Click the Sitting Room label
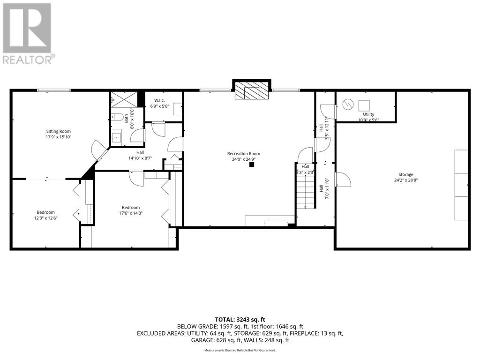pyautogui.click(x=59, y=131)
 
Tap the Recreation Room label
pyautogui.click(x=244, y=154)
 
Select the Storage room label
pyautogui.click(x=406, y=174)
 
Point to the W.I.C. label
pyautogui.click(x=159, y=100)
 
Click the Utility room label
pyautogui.click(x=368, y=114)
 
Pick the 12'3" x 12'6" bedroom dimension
pyautogui.click(x=46, y=218)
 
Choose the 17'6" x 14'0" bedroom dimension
pyautogui.click(x=131, y=213)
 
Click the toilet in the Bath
pyautogui.click(x=117, y=117)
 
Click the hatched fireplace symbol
pyautogui.click(x=251, y=91)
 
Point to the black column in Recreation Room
pyautogui.click(x=252, y=165)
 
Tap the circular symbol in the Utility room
pyautogui.click(x=348, y=105)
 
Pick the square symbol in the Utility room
pyautogui.click(x=364, y=105)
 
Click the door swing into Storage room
pyautogui.click(x=343, y=180)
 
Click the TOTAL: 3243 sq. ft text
pyautogui.click(x=240, y=320)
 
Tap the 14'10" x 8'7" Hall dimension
pyautogui.click(x=140, y=158)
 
